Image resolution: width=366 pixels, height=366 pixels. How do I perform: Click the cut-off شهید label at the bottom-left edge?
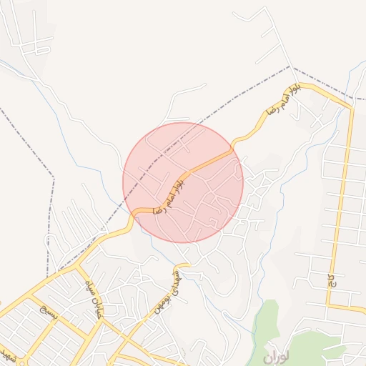[x=7, y=353]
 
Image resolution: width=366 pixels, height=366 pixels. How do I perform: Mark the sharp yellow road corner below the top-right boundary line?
[x=350, y=108]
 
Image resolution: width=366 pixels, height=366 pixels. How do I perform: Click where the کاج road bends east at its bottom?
[x=330, y=306]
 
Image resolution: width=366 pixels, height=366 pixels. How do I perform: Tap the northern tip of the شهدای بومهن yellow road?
[x=187, y=264]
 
